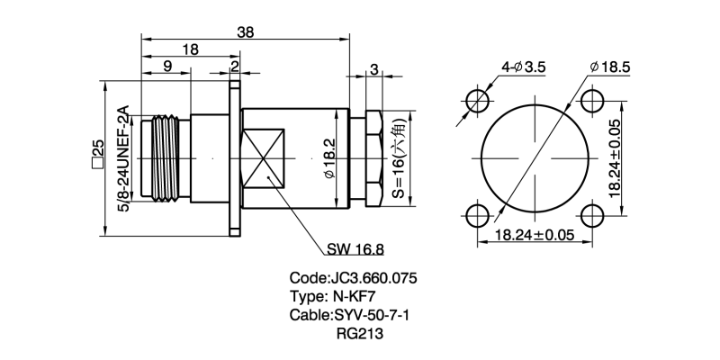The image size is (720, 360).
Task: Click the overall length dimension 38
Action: point(245,31)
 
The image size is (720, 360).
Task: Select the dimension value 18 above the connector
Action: point(190,50)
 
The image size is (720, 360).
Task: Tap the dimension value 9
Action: point(167,67)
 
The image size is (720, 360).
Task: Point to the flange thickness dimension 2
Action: point(235,67)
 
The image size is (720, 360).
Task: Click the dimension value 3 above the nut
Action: point(373,69)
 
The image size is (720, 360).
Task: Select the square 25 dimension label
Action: point(98,154)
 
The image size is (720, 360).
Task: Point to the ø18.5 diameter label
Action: point(609,67)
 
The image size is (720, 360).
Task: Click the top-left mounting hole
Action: point(477,100)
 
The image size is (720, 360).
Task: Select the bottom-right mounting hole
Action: point(591,215)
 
